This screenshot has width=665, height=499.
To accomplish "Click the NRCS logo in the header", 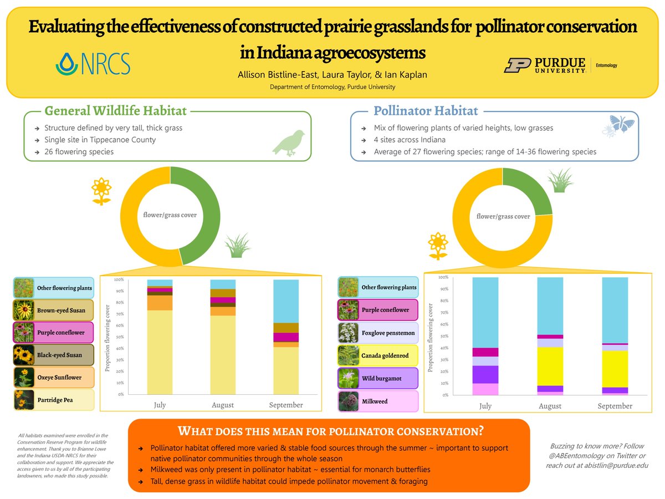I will click(x=93, y=64).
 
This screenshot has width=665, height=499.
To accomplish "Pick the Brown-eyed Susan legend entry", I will click(x=54, y=310).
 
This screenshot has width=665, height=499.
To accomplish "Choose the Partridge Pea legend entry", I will click(x=54, y=400).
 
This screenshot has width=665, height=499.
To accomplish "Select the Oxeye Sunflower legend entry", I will click(x=54, y=378).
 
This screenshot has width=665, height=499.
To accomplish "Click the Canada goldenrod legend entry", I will click(x=378, y=355).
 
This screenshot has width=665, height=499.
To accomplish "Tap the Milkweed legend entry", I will click(x=378, y=401).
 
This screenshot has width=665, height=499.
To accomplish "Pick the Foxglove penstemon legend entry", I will click(x=378, y=333).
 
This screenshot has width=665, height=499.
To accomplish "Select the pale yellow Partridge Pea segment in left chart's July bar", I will click(x=160, y=352).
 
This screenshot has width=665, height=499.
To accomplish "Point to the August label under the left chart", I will click(x=223, y=405).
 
